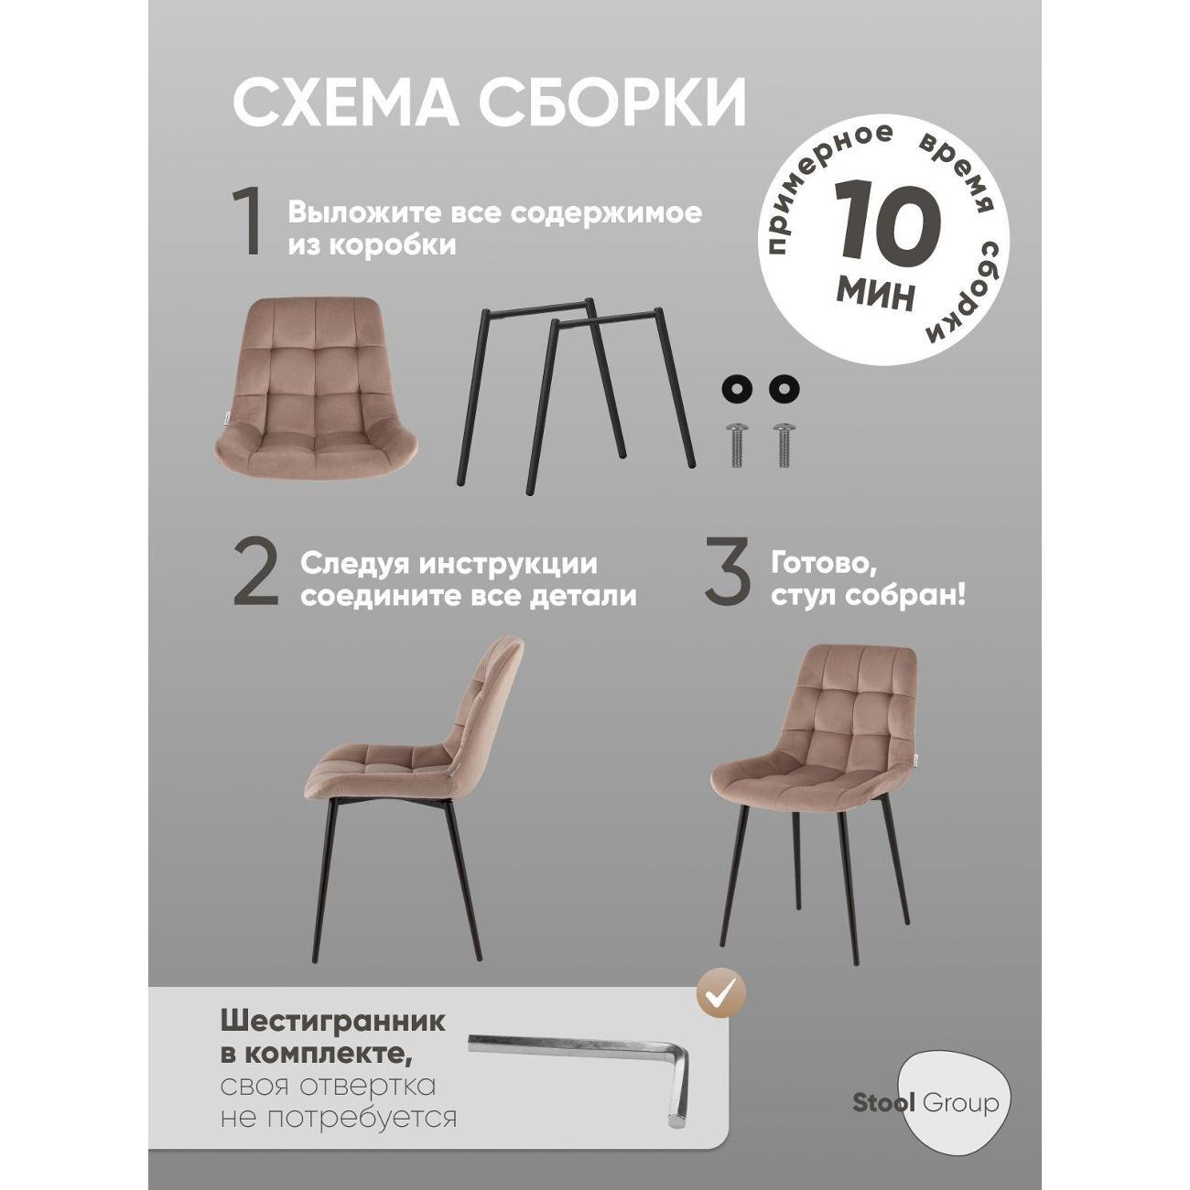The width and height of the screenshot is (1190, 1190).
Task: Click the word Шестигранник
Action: (333, 1022)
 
